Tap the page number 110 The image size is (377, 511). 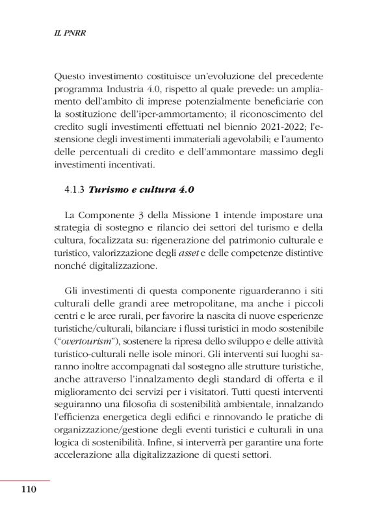tap(29, 490)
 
